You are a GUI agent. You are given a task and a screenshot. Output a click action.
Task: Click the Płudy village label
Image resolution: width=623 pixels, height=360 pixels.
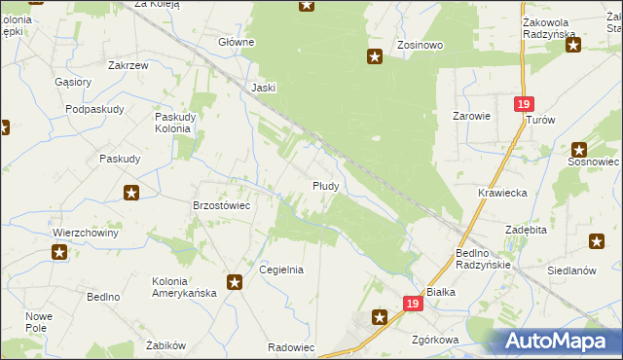(x=325, y=185)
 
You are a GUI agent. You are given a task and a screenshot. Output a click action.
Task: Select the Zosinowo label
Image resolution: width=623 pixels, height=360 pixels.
(x=421, y=45)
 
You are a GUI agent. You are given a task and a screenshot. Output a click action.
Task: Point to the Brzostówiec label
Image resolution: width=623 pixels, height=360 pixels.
(x=223, y=206)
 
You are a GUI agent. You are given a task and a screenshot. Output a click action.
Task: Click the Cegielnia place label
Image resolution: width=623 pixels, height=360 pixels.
(x=281, y=270)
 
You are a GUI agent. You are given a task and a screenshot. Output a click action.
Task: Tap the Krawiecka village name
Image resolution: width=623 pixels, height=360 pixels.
(x=502, y=193)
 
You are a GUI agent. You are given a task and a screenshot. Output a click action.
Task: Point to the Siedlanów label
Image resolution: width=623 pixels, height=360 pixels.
(x=571, y=271)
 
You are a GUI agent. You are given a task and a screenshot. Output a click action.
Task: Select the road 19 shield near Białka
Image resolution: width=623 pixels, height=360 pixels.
(x=413, y=305)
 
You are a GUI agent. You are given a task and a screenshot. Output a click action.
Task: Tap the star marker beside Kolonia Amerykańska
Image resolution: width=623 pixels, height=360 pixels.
(x=235, y=282)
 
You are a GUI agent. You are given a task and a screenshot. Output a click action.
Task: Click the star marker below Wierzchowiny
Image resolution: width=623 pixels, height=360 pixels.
(x=59, y=253)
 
